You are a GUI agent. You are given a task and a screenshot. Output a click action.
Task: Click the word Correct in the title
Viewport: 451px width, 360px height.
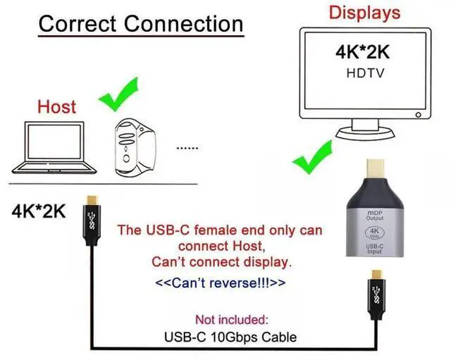point(78,23)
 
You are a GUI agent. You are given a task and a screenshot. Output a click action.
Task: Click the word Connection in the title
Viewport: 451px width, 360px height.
point(184,23)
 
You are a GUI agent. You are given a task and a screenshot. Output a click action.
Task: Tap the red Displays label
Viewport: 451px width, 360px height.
point(364,13)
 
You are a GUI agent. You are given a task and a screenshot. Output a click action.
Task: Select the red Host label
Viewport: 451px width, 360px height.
point(56,106)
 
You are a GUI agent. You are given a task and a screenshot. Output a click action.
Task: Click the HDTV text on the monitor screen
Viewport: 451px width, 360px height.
point(365,73)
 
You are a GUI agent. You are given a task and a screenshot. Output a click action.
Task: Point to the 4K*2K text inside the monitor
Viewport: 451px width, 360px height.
point(362,52)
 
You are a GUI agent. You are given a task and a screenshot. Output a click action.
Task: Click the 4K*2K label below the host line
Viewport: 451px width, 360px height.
point(39,211)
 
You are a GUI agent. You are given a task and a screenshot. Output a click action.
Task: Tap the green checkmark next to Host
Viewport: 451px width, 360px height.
point(118,94)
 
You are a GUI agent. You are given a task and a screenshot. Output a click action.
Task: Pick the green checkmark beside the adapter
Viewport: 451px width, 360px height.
point(313,157)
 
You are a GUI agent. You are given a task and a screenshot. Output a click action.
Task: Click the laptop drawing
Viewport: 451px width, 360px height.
point(54,148)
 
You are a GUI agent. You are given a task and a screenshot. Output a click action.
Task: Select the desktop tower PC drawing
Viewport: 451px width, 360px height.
point(135,147)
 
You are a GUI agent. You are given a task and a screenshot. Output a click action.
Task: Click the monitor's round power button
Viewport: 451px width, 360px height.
point(419,115)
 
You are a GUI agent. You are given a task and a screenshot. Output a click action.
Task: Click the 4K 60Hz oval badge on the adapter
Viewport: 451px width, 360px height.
point(374,232)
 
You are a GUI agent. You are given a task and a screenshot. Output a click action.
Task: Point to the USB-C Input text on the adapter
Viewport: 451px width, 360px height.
point(375,249)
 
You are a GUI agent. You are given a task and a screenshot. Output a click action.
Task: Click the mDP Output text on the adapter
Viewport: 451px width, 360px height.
point(375,216)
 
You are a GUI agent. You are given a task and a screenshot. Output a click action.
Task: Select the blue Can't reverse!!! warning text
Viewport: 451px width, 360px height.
point(221,283)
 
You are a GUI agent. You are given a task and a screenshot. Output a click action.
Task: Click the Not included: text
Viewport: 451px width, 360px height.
point(232,319)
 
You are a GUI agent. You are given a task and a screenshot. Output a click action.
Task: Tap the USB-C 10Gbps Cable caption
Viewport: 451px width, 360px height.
point(230,337)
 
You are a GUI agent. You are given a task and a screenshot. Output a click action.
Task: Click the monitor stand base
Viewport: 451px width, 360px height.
point(365,134)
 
